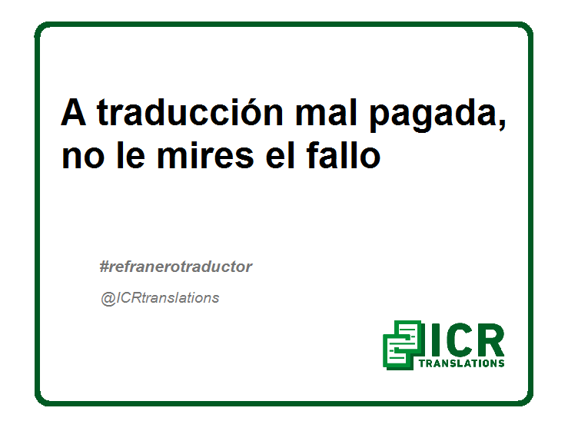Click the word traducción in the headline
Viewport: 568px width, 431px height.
pyautogui.click(x=190, y=112)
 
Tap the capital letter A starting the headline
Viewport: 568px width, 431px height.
pyautogui.click(x=74, y=112)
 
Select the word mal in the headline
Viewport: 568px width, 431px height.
pyautogui.click(x=326, y=112)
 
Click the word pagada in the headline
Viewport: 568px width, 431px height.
pyautogui.click(x=432, y=115)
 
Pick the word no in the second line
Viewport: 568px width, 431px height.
pyautogui.click(x=83, y=157)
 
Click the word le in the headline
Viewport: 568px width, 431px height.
pyautogui.click(x=131, y=154)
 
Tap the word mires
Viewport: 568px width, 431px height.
pyautogui.click(x=205, y=154)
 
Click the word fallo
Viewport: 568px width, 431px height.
pyautogui.click(x=344, y=154)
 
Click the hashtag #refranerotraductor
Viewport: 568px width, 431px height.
pyautogui.click(x=176, y=267)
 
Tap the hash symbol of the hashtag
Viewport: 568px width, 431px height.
pyautogui.click(x=104, y=267)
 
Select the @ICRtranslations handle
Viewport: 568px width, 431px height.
pyautogui.click(x=160, y=298)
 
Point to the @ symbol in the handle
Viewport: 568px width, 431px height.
pyautogui.click(x=108, y=299)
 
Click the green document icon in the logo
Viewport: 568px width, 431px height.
pyautogui.click(x=403, y=345)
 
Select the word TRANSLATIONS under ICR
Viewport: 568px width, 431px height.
pyautogui.click(x=461, y=363)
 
